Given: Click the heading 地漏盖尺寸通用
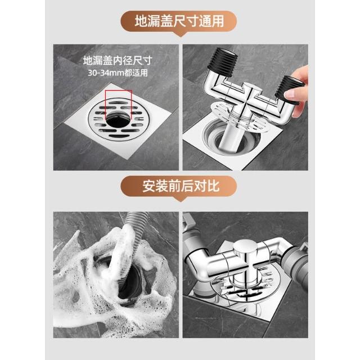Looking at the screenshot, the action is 179,21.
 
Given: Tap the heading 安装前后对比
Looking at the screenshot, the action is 181,186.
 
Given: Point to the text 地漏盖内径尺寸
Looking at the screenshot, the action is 118,61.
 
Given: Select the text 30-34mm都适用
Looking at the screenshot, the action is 118,73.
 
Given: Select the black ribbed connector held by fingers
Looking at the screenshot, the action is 290,88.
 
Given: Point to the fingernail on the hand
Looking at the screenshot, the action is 290,94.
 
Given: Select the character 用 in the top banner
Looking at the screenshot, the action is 218,21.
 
